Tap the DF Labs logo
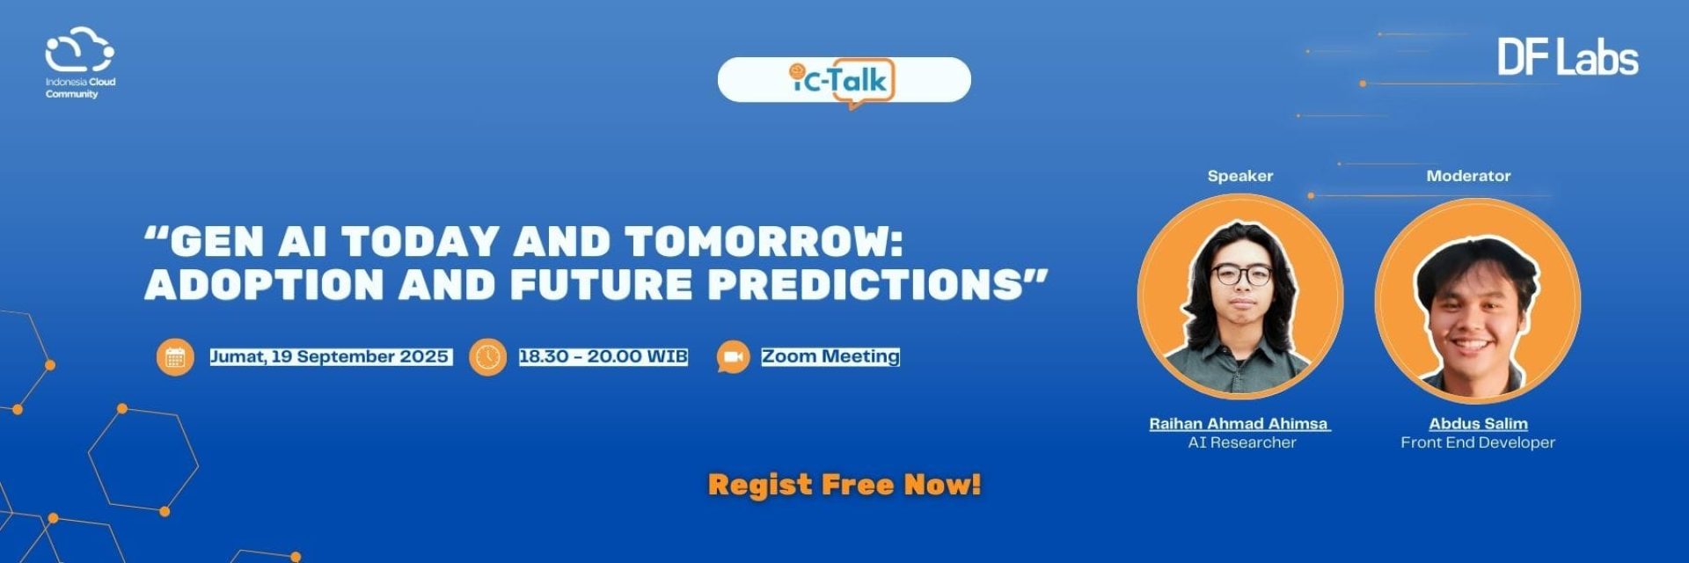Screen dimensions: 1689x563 [x=1568, y=57]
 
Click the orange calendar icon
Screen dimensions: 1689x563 [x=175, y=357]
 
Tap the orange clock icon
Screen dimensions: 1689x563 [x=487, y=357]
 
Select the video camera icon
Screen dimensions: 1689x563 [x=733, y=357]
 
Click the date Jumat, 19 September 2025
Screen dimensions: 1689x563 [x=330, y=356]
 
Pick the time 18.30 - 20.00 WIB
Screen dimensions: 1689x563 [x=603, y=356]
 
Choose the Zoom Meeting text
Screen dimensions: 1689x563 [x=830, y=356]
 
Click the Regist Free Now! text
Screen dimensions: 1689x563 [x=844, y=485]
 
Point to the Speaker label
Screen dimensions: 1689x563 [x=1240, y=176]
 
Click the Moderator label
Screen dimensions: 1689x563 [x=1468, y=176]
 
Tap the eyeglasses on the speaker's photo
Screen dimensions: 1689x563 [x=1241, y=275]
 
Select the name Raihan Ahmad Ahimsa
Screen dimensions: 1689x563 [x=1239, y=423]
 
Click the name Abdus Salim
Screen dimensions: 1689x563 [x=1478, y=423]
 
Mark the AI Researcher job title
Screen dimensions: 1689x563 [x=1242, y=442]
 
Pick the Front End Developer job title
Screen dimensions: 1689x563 [x=1478, y=442]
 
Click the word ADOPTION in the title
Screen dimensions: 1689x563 [x=265, y=284]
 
